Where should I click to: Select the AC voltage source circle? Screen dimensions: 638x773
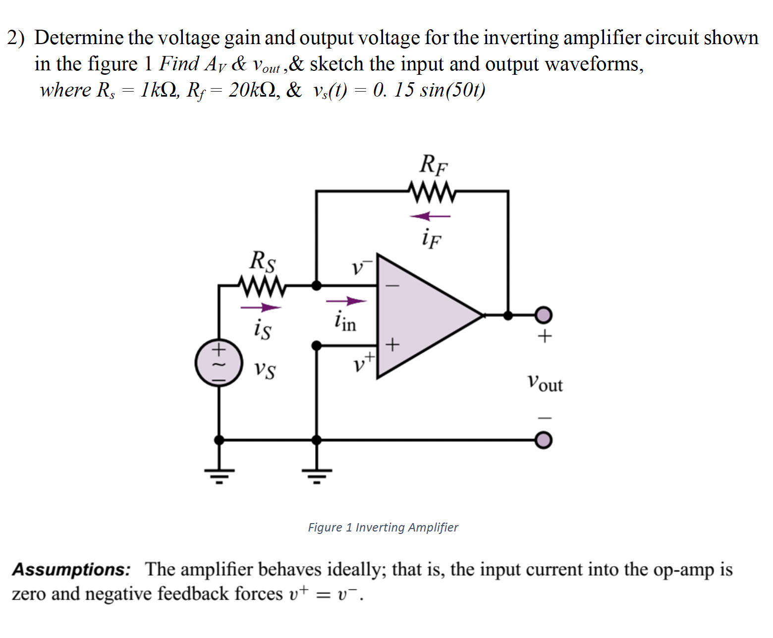pos(219,363)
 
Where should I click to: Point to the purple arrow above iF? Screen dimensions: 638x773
pos(430,216)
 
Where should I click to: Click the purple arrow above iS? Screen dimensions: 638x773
pos(261,308)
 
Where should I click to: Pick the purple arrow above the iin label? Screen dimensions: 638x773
pos(346,301)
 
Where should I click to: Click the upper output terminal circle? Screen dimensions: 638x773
pos(544,315)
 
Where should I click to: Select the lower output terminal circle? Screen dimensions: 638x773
pos(544,440)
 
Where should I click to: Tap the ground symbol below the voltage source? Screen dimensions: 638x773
pos(219,475)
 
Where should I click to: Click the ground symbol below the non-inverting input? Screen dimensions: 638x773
pos(317,475)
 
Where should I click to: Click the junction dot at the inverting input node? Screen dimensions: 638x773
pos(316,285)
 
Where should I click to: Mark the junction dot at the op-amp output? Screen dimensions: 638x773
pos(508,315)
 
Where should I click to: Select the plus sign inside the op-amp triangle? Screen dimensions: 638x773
pos(392,344)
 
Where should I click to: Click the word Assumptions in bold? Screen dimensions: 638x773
pos(71,570)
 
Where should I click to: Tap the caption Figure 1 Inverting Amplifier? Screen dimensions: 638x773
pos(383,528)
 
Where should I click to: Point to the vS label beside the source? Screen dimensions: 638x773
pos(265,370)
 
